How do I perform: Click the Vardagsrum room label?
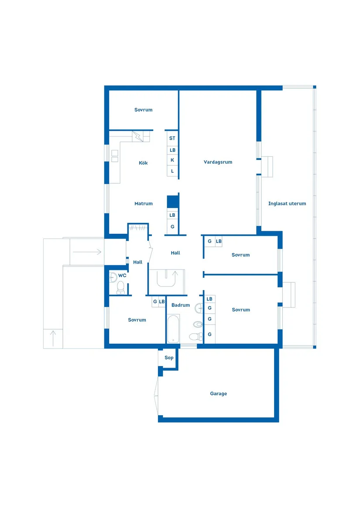point(218,162)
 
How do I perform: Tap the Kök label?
point(143,163)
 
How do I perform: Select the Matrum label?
point(143,204)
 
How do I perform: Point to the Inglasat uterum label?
point(287,204)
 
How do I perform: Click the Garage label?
point(218,393)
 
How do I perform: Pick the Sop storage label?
point(168,358)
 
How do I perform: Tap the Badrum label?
point(180,305)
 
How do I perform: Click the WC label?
point(122,275)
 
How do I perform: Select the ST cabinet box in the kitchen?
point(172,138)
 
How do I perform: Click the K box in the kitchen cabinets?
point(172,160)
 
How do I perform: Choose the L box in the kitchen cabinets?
point(172,171)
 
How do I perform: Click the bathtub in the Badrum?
point(173,329)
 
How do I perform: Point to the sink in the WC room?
point(113,277)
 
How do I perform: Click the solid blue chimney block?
point(173,202)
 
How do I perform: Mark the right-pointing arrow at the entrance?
point(87,252)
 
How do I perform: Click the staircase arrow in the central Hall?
point(175,276)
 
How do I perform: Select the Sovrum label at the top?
point(143,110)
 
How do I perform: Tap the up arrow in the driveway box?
point(53,339)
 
